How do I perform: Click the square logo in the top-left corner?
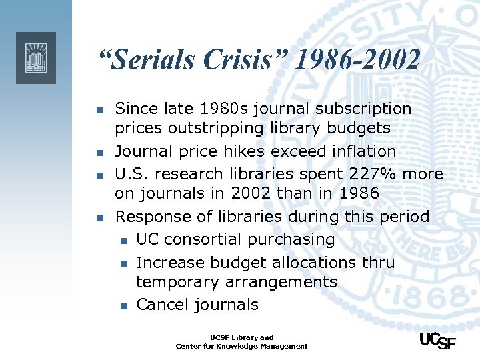tap(36, 57)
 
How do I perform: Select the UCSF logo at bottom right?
tap(437, 341)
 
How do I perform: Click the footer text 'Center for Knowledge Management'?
tap(241, 346)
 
